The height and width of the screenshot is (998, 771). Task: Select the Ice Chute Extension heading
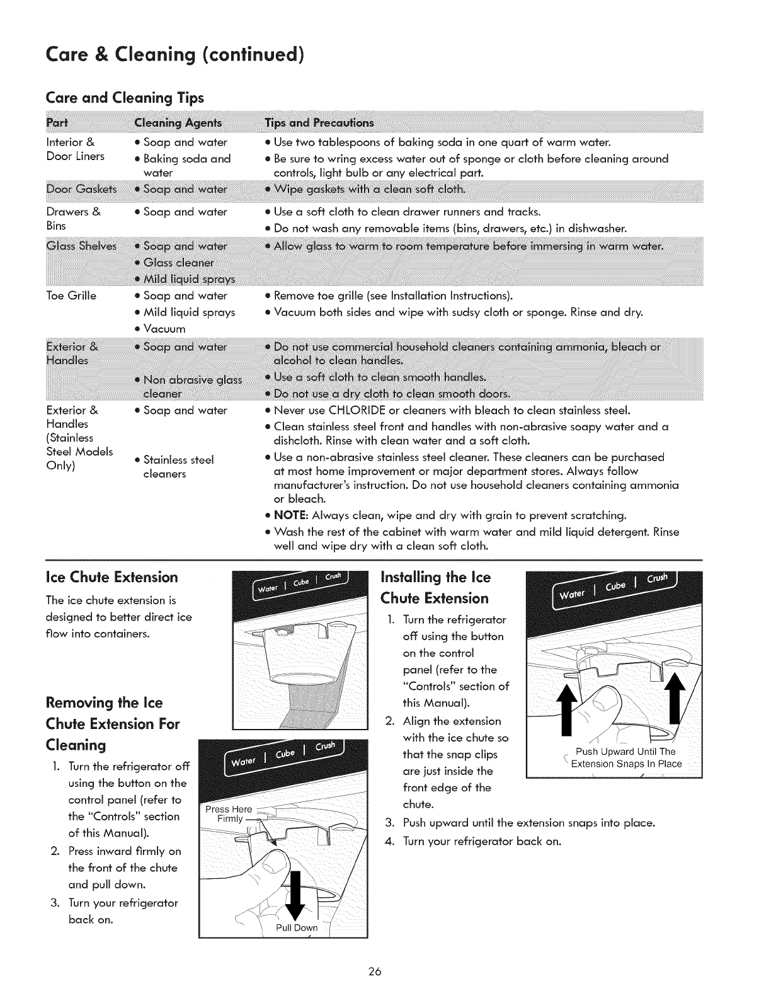pyautogui.click(x=112, y=577)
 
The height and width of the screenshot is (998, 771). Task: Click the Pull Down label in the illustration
pyautogui.click(x=297, y=927)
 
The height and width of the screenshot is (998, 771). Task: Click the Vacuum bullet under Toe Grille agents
pyautogui.click(x=164, y=329)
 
